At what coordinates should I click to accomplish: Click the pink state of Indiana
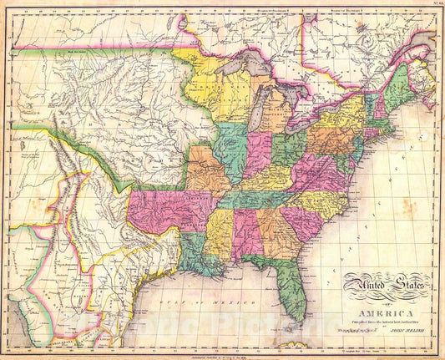click(x=257, y=155)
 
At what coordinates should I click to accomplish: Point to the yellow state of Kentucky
click(x=264, y=180)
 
